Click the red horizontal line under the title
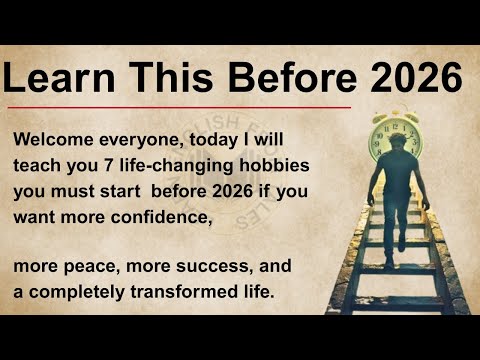coord(180,107)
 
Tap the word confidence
coord(151,214)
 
